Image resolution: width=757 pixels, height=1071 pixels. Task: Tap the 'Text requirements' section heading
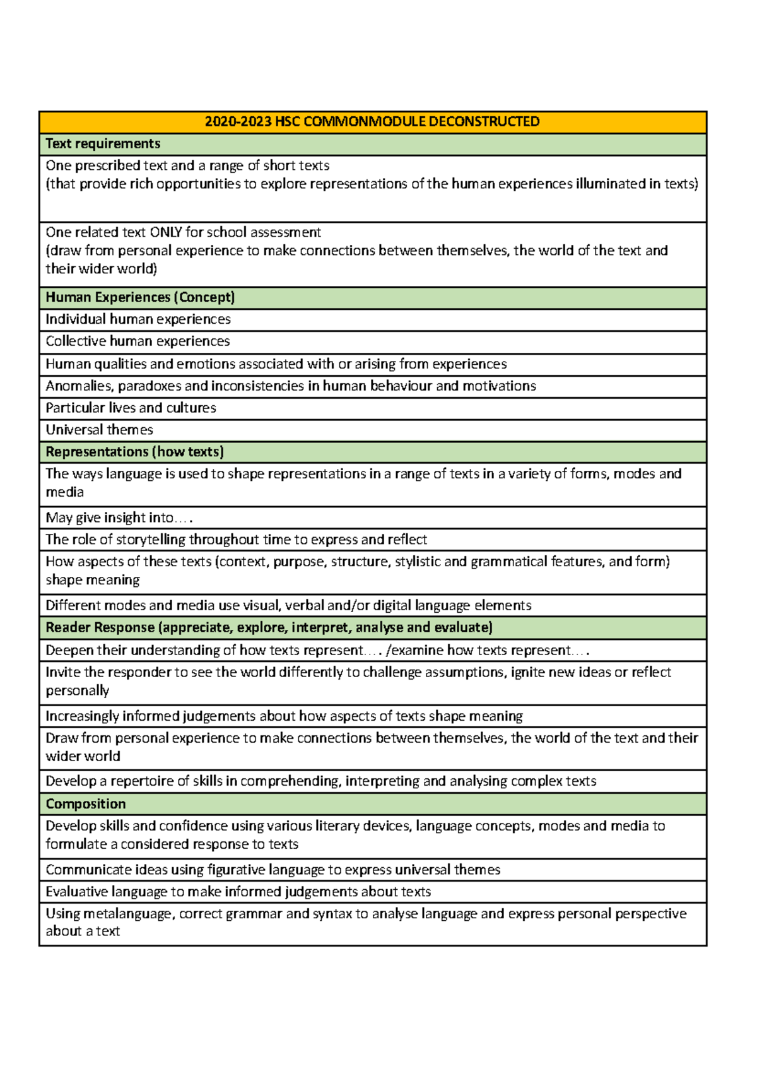103,144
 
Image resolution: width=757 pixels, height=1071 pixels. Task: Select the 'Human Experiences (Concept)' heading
140,297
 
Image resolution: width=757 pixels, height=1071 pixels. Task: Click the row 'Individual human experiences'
138,319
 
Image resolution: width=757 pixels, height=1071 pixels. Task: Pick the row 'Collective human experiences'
138,341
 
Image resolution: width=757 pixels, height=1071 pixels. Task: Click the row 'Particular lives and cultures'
131,408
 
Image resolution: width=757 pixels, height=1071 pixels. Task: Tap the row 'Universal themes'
99,430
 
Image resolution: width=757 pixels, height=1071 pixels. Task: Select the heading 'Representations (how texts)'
134,452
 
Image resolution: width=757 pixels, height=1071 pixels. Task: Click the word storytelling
154,540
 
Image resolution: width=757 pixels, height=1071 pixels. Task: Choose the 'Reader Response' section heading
269,627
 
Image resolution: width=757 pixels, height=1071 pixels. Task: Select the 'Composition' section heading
86,804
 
